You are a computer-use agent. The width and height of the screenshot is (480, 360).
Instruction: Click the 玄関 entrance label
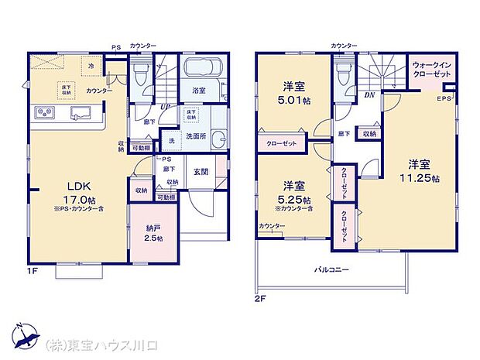201,172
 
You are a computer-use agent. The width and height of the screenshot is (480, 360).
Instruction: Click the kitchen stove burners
43,115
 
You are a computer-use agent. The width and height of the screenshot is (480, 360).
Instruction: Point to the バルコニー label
331,270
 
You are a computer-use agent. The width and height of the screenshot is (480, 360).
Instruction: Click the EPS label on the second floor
444,99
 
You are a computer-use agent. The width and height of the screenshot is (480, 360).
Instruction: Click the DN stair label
370,95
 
